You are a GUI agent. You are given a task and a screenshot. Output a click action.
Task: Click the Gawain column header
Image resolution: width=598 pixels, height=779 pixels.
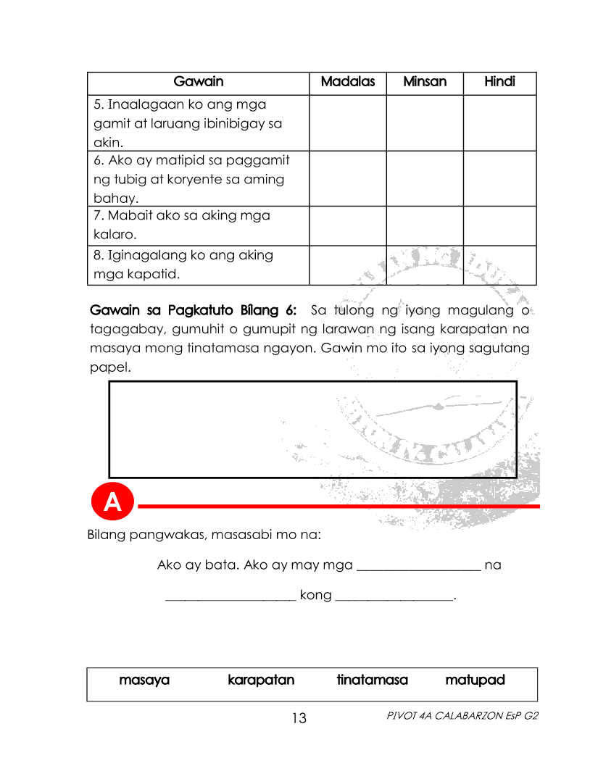click(198, 82)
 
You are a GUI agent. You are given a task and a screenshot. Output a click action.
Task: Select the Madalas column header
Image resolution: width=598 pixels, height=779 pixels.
click(347, 82)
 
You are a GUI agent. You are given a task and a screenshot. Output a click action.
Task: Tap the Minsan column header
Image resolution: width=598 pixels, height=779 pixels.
click(425, 82)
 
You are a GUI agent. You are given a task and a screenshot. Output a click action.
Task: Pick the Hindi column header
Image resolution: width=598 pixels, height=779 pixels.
click(499, 82)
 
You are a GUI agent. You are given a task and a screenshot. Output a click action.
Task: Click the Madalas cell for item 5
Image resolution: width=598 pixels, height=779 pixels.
click(347, 123)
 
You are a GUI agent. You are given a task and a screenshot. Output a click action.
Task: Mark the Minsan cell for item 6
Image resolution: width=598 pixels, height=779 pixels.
click(425, 179)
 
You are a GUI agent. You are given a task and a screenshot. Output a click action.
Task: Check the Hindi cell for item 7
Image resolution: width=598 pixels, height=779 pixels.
click(499, 225)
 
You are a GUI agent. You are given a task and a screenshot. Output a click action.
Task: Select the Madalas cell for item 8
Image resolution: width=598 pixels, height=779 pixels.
click(347, 265)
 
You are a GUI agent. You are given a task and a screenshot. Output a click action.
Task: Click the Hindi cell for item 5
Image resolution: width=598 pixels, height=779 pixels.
click(499, 123)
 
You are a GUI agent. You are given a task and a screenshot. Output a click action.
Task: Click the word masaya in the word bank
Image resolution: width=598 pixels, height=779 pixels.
click(144, 680)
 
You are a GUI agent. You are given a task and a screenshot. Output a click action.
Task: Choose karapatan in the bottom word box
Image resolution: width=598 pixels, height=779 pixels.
click(261, 680)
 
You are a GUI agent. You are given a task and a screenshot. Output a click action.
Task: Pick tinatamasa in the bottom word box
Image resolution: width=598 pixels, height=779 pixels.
click(372, 680)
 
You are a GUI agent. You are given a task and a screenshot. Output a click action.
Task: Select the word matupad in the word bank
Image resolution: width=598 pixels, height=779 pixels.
click(475, 680)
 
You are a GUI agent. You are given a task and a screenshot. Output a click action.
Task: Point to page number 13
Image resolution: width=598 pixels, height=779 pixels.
click(299, 719)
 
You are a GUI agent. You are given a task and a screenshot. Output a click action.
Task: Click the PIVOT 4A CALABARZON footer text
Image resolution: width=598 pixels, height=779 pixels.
click(463, 716)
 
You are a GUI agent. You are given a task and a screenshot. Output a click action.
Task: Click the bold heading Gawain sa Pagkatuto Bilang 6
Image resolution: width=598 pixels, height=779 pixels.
click(193, 311)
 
